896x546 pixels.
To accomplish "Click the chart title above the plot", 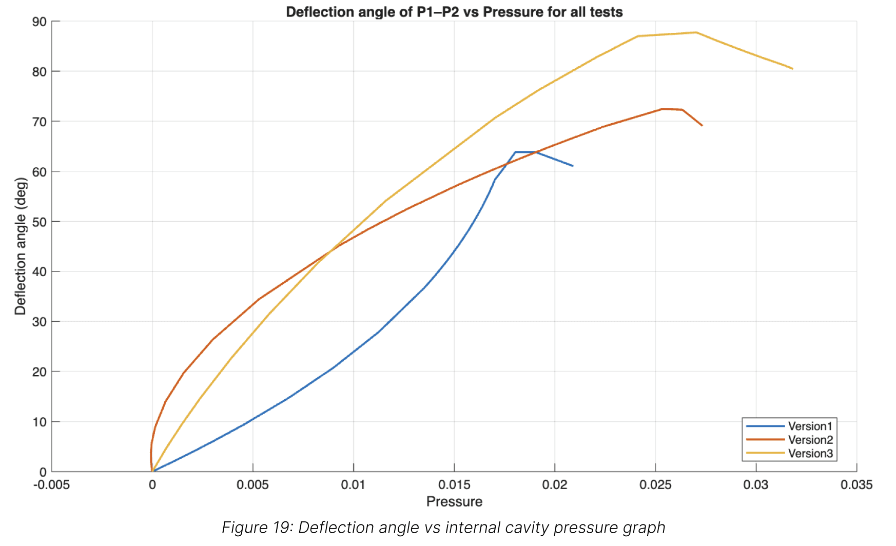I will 454,12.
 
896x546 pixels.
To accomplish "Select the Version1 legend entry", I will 810,426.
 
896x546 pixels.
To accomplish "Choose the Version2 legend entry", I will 810,440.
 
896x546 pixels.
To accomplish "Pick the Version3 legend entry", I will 810,454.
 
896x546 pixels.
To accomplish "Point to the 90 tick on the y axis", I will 40,22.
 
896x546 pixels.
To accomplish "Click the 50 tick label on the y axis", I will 40,222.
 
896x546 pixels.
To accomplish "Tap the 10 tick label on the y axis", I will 40,422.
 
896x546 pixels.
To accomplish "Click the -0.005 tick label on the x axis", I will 51,485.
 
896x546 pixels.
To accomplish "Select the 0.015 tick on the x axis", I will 454,485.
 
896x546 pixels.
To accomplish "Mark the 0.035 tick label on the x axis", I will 856,485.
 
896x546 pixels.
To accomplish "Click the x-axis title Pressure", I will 454,501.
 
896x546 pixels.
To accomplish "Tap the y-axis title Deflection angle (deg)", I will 20,246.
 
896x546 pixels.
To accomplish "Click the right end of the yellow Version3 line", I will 792,69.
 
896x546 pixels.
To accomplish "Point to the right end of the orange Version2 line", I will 702,125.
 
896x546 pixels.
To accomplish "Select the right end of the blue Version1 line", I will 573,166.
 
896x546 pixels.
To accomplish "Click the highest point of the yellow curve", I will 696,32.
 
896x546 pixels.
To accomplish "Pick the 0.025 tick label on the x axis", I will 655,485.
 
